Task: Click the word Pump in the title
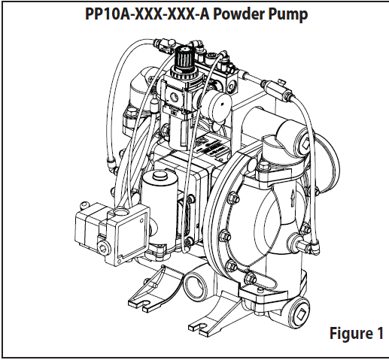point(288,15)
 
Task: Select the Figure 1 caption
point(357,333)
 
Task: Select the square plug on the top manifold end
point(305,145)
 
